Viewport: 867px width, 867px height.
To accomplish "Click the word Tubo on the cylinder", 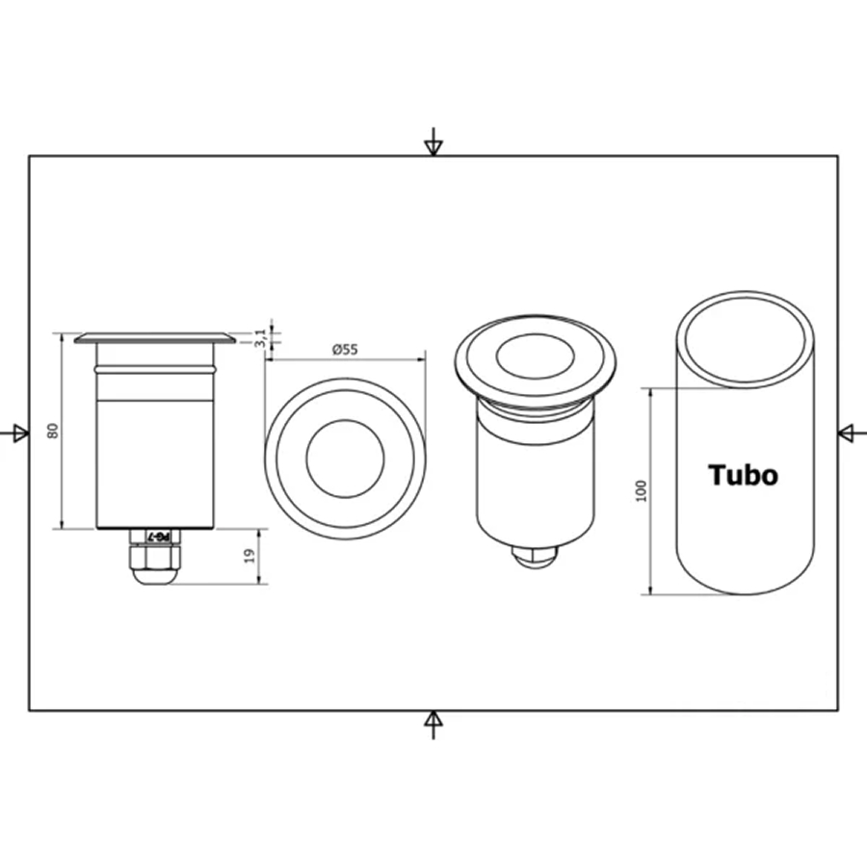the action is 743,475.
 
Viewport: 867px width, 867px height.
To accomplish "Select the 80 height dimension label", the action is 53,431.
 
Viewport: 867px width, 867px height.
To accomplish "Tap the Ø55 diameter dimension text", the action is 345,350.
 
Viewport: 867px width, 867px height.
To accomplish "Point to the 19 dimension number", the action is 250,556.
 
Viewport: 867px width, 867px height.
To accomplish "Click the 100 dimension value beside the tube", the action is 642,491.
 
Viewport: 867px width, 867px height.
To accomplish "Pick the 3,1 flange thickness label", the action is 260,337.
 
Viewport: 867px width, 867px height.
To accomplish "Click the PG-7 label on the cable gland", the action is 160,537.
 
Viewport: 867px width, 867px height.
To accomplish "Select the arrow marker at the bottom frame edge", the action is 433,724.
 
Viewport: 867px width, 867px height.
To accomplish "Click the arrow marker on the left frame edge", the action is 14,433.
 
